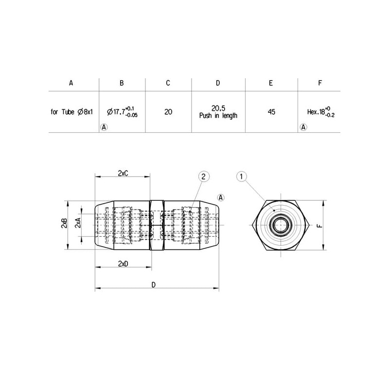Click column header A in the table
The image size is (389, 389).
pyautogui.click(x=71, y=83)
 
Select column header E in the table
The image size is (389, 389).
pyautogui.click(x=271, y=83)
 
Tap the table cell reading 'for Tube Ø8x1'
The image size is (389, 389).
pyautogui.click(x=71, y=112)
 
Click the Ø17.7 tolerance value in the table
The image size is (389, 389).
pyautogui.click(x=122, y=111)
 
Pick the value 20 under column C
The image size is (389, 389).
pyautogui.click(x=168, y=112)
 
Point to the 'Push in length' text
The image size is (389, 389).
pyautogui.click(x=218, y=116)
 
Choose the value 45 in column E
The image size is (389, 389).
pyautogui.click(x=271, y=112)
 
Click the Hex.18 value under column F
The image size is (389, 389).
pyautogui.click(x=321, y=112)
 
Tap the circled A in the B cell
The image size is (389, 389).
pyautogui.click(x=104, y=127)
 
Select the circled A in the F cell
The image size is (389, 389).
pyautogui.click(x=303, y=127)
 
